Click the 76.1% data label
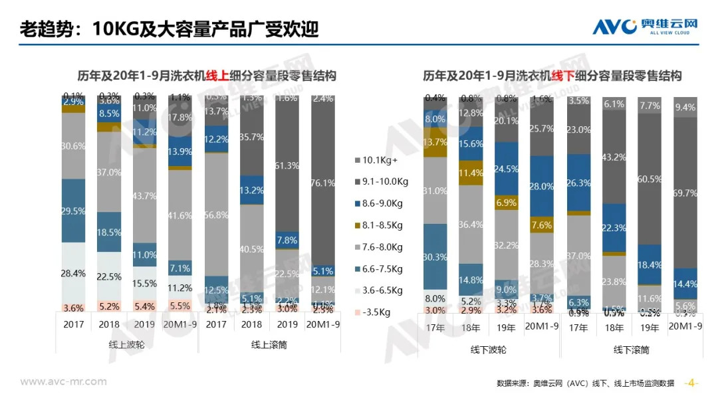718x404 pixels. pos(324,183)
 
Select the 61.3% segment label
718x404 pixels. pos(288,165)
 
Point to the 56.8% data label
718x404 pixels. pos(216,215)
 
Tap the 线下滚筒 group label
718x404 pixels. pos(632,350)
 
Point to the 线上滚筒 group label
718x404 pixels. pos(269,345)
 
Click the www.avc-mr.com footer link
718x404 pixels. pos(63,381)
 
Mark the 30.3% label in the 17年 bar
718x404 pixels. pos(435,257)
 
